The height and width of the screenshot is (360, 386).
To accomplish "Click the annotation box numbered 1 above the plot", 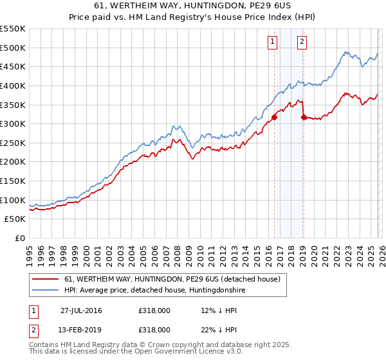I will click(272, 42).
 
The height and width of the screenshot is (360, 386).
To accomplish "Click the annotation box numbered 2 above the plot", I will click(302, 42).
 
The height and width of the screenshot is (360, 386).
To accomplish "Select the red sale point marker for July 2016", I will click(274, 117).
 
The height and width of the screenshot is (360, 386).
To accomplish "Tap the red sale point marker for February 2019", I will click(304, 117).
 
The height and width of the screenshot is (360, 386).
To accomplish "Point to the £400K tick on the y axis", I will click(13, 85).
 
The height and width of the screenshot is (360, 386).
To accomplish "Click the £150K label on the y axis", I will click(13, 181).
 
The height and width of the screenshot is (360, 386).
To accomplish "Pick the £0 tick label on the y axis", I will click(21, 238).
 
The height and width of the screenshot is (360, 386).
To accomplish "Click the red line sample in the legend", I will click(46, 280).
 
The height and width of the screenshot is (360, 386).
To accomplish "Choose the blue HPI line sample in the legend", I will click(46, 291).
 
